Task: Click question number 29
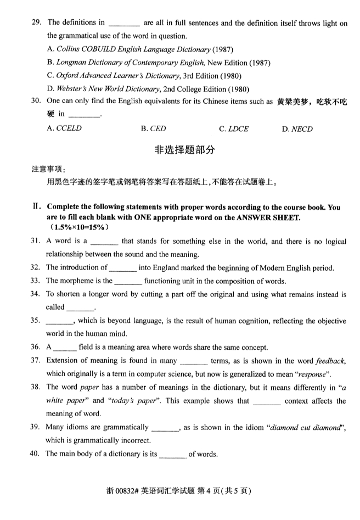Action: (37, 23)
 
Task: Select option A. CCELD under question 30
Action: (64, 129)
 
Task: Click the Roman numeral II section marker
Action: (36, 207)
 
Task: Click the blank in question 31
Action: (104, 242)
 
